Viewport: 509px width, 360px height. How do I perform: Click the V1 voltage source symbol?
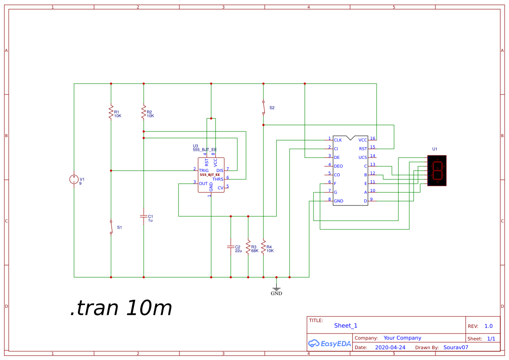click(74, 179)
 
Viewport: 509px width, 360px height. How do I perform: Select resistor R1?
click(111, 112)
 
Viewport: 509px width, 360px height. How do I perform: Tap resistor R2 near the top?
click(144, 112)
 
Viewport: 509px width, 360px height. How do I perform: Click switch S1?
click(111, 227)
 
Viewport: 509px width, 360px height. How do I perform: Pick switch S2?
click(263, 108)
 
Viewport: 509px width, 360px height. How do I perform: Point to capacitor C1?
click(144, 216)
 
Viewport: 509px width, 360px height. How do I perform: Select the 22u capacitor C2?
click(231, 247)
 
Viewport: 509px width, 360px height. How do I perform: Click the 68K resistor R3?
click(248, 247)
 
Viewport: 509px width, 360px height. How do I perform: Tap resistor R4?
click(263, 247)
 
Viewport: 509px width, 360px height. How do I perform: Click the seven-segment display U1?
click(437, 171)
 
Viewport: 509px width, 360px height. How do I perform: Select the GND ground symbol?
click(276, 289)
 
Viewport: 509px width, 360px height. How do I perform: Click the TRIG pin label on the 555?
click(204, 171)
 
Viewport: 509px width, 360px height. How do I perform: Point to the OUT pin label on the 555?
click(203, 184)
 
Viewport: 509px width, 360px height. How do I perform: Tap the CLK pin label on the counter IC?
click(338, 140)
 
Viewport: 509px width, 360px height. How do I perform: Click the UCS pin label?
click(363, 158)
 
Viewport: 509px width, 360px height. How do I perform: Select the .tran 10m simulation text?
click(121, 308)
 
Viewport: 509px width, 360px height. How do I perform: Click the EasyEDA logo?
click(329, 343)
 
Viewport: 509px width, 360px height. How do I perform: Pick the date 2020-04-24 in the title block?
click(390, 348)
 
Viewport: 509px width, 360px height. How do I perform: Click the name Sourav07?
click(455, 348)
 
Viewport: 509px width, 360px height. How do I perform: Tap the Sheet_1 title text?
click(346, 326)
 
